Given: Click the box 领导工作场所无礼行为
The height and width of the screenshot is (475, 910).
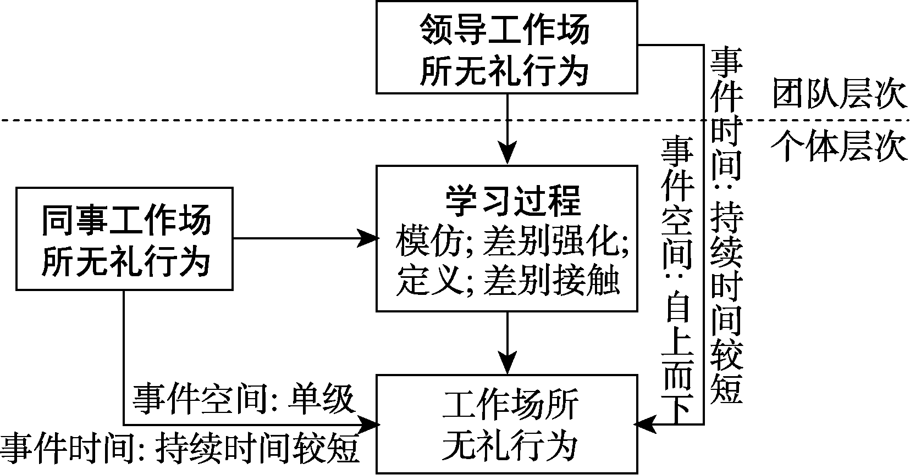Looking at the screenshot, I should (506, 47).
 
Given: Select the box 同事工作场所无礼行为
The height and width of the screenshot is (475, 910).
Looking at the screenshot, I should (125, 239).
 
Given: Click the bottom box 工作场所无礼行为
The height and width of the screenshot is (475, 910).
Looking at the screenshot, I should (506, 424).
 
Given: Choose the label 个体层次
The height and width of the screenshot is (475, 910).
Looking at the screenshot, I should (839, 147).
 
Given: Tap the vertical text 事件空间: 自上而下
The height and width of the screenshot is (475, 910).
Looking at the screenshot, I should (677, 280).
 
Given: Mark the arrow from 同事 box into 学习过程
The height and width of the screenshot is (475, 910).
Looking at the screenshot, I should (305, 238).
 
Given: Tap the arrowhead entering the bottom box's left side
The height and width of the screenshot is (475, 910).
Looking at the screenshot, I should (371, 424).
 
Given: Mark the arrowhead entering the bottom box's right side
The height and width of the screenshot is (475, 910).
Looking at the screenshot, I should (643, 424).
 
